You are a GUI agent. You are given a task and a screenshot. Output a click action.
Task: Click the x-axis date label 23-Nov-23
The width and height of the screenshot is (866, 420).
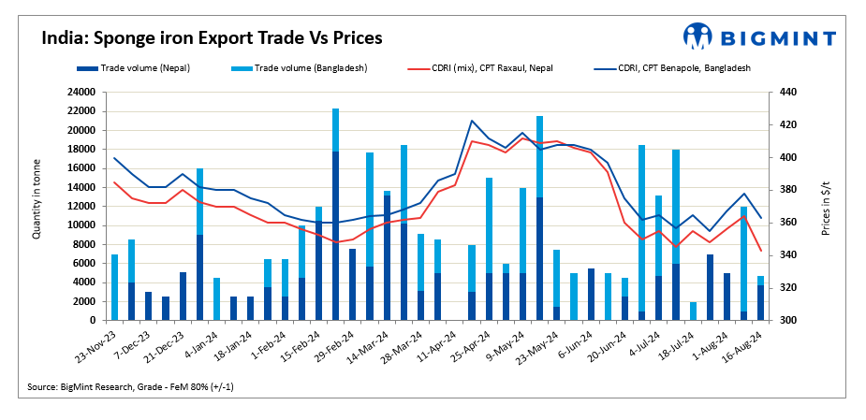click(98, 347)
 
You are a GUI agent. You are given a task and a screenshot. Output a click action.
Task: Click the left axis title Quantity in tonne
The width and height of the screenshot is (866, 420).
click(37, 205)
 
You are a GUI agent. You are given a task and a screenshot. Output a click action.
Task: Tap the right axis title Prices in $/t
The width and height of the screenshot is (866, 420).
click(826, 206)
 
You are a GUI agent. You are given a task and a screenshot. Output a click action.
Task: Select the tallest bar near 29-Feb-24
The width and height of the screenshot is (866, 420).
click(335, 214)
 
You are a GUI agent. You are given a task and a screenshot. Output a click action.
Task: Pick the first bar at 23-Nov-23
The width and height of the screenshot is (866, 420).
click(115, 287)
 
